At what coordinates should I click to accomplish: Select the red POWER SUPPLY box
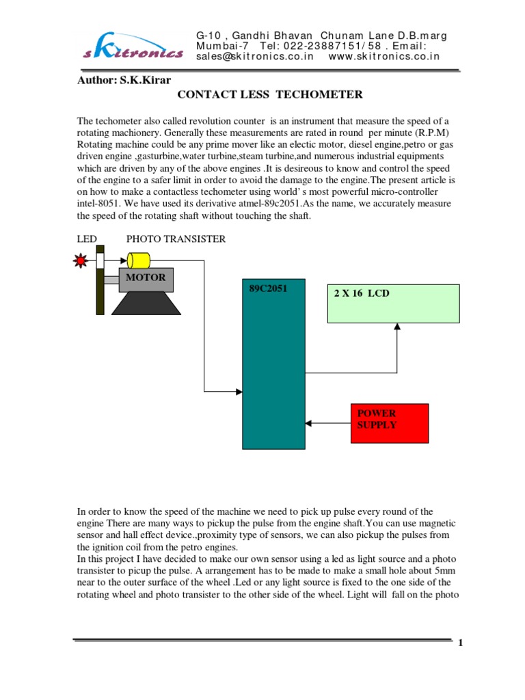[x=389, y=423]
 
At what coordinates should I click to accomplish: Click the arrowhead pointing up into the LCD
[x=396, y=327]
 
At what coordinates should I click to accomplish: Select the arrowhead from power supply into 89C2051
[x=309, y=423]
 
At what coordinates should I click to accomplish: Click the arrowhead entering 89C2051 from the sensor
[x=239, y=392]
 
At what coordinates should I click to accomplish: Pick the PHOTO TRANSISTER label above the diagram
[x=176, y=239]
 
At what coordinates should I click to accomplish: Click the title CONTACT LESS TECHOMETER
[x=269, y=94]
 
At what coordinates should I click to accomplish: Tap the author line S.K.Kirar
[x=124, y=79]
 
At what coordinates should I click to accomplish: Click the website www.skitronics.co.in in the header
[x=384, y=57]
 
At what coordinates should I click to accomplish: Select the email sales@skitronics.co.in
[x=254, y=57]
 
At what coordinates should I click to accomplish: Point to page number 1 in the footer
[x=461, y=643]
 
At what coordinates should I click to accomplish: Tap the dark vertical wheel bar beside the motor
[x=100, y=291]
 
